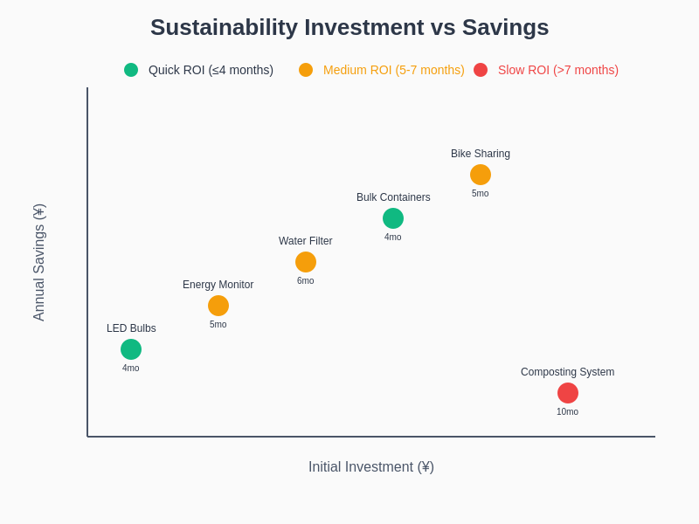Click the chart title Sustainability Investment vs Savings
point(349,28)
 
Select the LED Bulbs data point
point(131,349)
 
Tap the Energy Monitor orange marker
point(218,306)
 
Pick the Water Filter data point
point(306,262)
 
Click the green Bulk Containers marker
point(393,218)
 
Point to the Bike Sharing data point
point(481,175)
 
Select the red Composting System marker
point(568,393)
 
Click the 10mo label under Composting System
point(568,412)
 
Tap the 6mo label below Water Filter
point(306,281)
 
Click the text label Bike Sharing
point(481,154)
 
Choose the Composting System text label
point(568,372)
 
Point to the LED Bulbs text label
point(131,328)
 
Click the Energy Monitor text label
point(218,285)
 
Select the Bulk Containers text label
point(393,197)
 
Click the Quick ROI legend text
point(211,70)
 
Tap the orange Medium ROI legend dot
point(306,70)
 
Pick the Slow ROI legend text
point(558,70)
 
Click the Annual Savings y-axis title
point(39,262)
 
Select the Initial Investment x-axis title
point(371,467)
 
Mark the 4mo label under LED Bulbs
point(131,369)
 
